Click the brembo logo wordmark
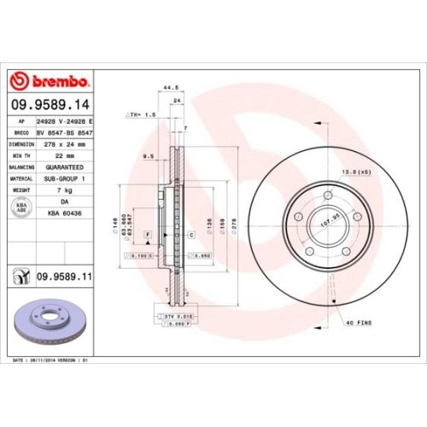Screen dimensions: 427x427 coord(49,81)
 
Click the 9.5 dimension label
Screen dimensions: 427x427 coord(148,156)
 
